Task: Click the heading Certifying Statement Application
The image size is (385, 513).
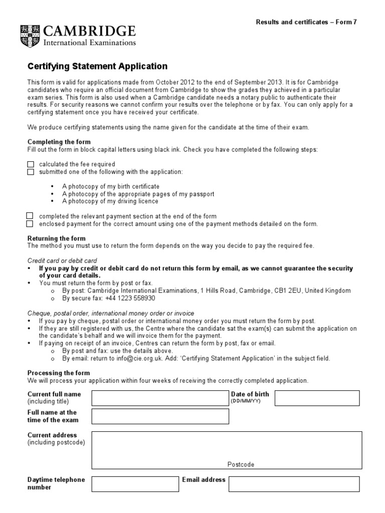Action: (x=97, y=67)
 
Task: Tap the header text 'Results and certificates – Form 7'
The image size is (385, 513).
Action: (x=306, y=22)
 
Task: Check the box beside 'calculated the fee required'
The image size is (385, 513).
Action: (x=31, y=164)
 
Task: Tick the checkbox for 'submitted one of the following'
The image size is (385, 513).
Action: (x=31, y=172)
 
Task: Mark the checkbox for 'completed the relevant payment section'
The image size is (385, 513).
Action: (x=30, y=216)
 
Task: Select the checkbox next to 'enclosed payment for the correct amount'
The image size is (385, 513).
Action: (x=30, y=223)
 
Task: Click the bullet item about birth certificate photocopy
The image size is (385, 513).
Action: (x=110, y=186)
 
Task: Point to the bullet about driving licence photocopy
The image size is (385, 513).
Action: (x=110, y=201)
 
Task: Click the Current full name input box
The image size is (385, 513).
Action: (x=159, y=398)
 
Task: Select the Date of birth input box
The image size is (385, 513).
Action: (x=317, y=398)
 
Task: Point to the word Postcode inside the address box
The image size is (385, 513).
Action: (x=241, y=464)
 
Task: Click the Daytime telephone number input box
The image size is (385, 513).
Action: (x=135, y=484)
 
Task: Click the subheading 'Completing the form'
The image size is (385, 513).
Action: (x=59, y=142)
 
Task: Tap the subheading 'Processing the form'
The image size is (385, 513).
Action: (x=59, y=373)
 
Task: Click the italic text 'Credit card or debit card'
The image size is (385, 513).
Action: (x=62, y=261)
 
